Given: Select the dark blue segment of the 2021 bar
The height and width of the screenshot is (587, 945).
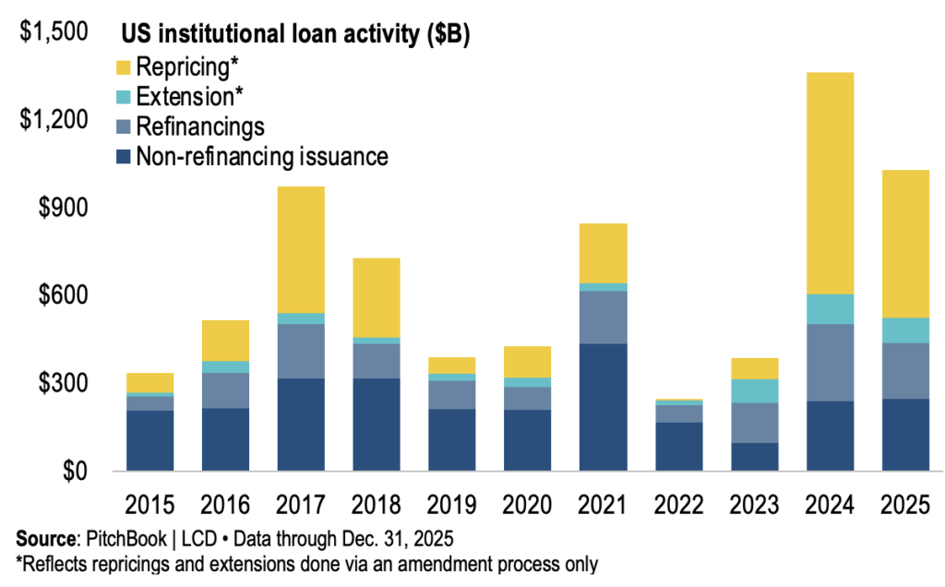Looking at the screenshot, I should [604, 407].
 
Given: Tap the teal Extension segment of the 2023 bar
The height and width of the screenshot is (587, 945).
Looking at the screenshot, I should [755, 390].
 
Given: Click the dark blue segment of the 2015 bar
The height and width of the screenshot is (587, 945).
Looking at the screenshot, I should [150, 440].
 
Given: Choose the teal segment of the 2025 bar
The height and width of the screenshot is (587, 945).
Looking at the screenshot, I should [905, 330].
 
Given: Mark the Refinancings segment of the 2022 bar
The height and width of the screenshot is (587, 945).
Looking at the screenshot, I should [679, 413].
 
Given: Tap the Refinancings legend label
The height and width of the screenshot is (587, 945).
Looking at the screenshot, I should [199, 126].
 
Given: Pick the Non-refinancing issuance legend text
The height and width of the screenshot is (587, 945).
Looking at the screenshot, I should [261, 157].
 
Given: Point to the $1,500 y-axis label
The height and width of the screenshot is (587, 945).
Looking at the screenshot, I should [54, 33].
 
